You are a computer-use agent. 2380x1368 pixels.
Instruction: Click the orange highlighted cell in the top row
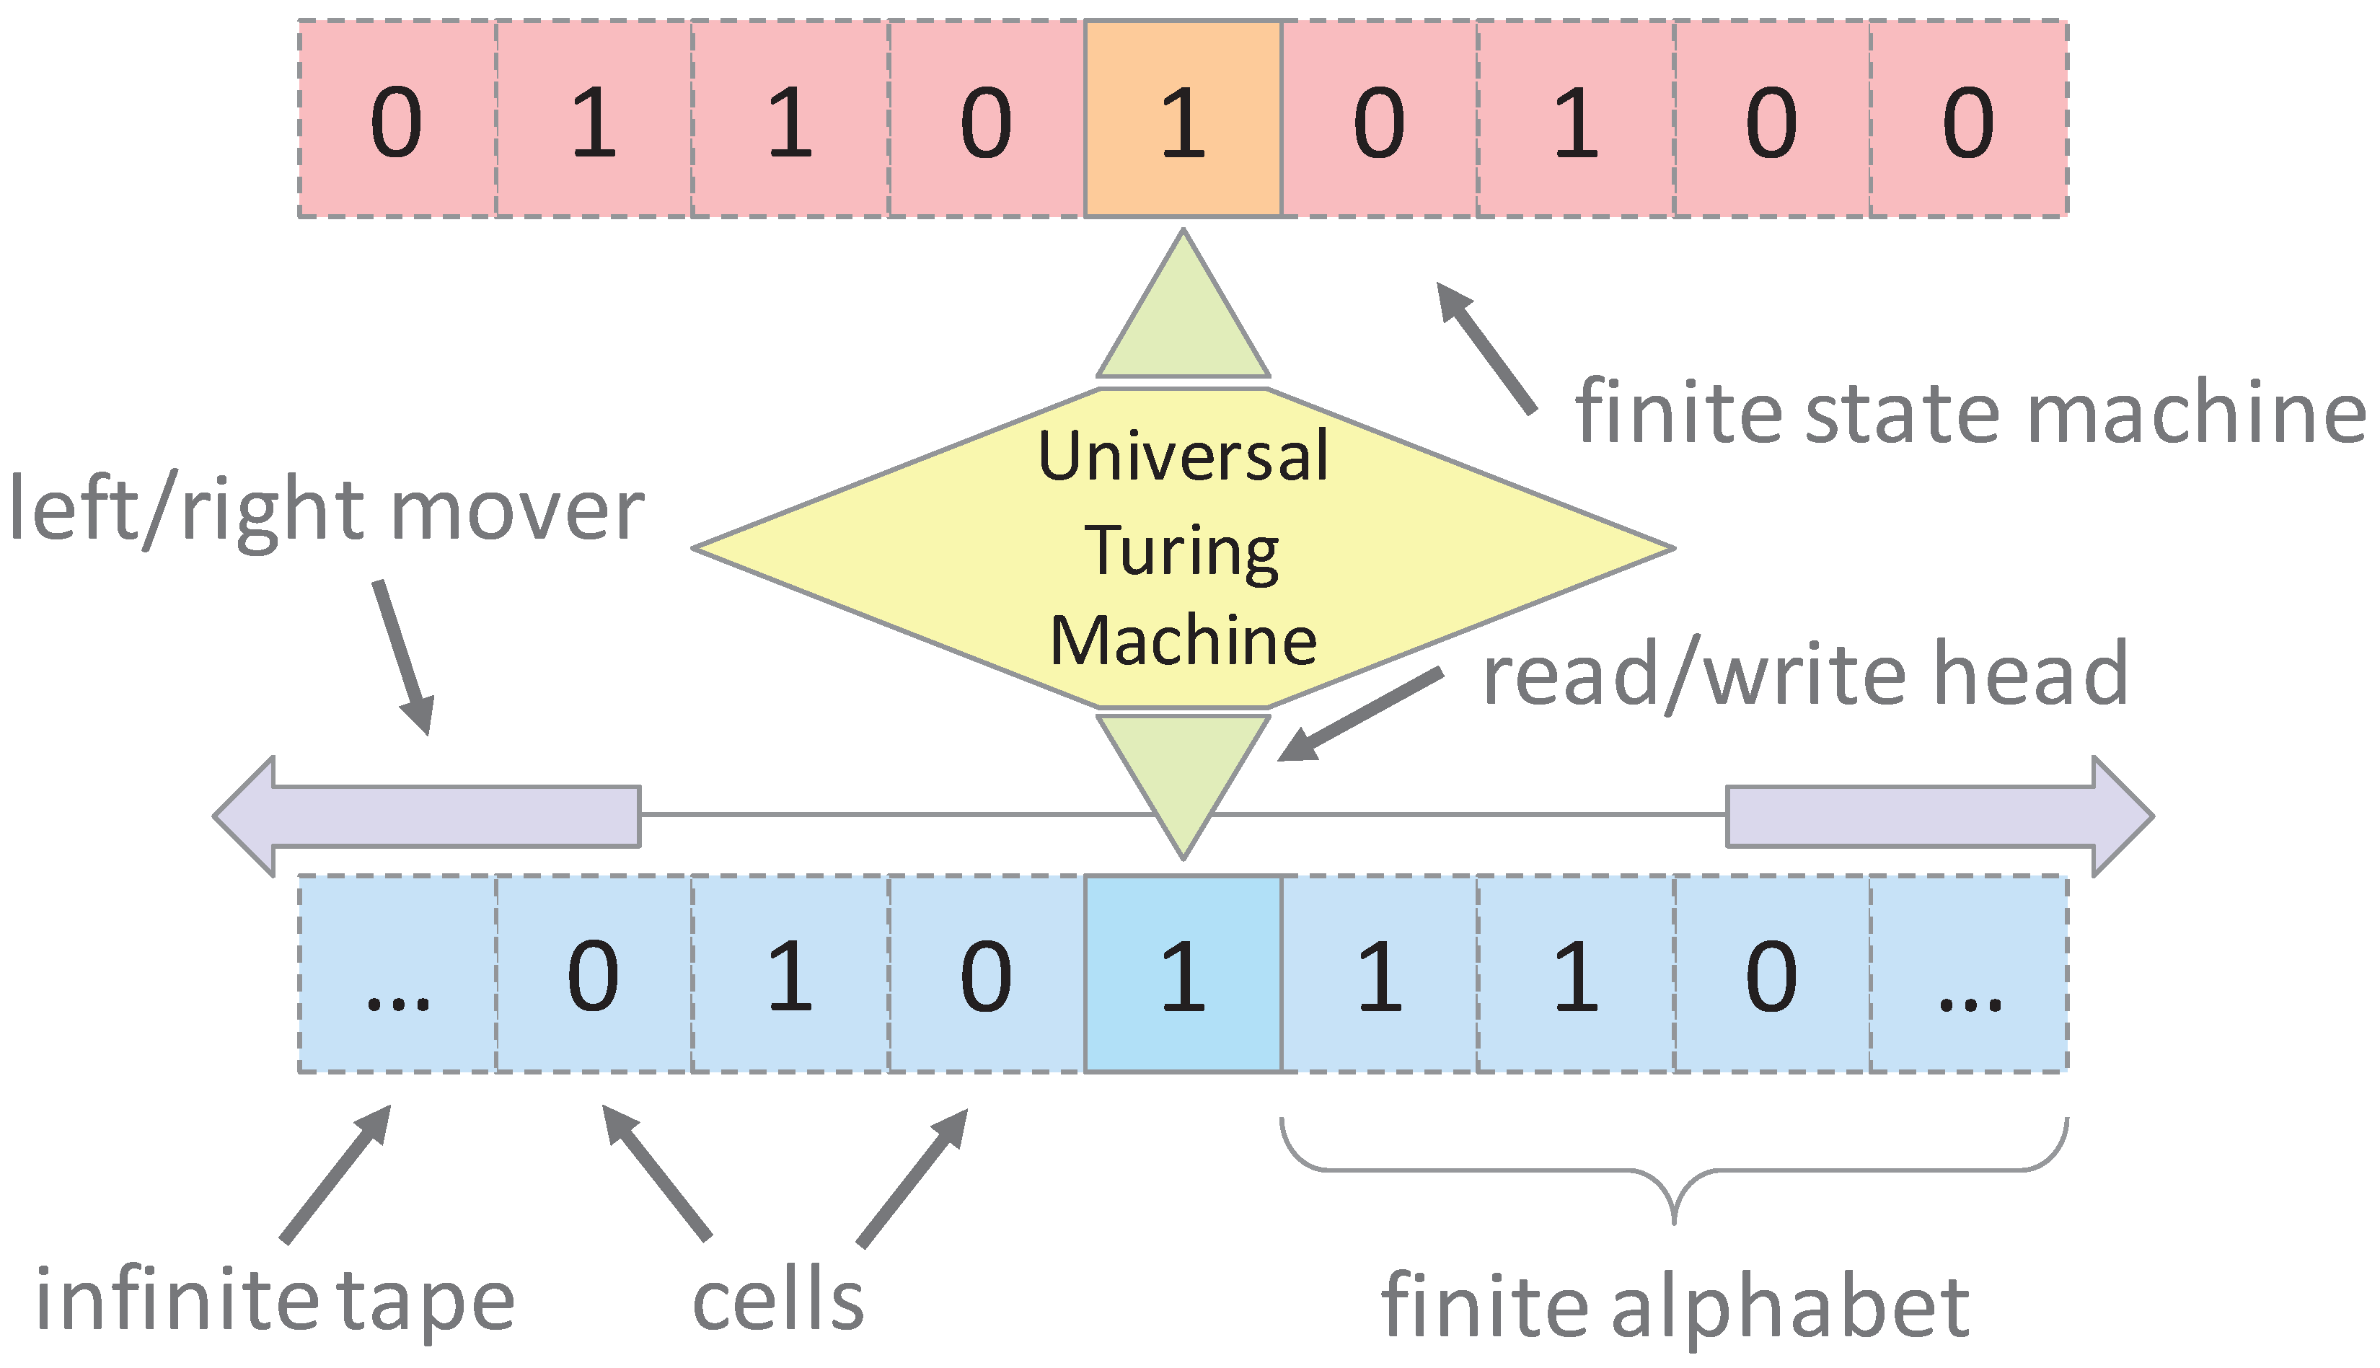[x=1183, y=119]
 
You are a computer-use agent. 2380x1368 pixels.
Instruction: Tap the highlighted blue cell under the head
[x=1183, y=974]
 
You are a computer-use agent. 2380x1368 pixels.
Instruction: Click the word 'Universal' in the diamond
[x=1183, y=456]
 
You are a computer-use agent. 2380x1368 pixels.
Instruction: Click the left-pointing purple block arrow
[x=428, y=816]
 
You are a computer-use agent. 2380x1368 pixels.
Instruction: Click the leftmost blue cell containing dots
[x=397, y=974]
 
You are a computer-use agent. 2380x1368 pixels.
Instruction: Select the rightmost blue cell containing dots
[x=1968, y=974]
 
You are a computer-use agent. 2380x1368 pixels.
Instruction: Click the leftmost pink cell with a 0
[x=397, y=119]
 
